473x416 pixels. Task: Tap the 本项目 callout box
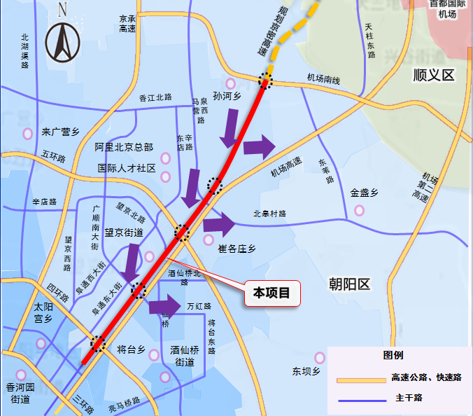[272, 293]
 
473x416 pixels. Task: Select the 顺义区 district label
[434, 75]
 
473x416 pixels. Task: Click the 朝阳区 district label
[349, 284]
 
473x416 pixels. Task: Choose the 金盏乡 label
[364, 193]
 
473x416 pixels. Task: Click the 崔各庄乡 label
[237, 249]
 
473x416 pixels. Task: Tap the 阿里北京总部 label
[124, 147]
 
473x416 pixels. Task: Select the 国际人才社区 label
[127, 168]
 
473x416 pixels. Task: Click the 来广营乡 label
[61, 131]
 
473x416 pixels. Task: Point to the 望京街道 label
[124, 233]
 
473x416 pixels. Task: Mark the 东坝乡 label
[306, 371]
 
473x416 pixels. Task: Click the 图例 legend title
[393, 355]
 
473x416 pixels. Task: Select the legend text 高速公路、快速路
[426, 377]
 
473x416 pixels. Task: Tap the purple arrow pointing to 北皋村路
[220, 223]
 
